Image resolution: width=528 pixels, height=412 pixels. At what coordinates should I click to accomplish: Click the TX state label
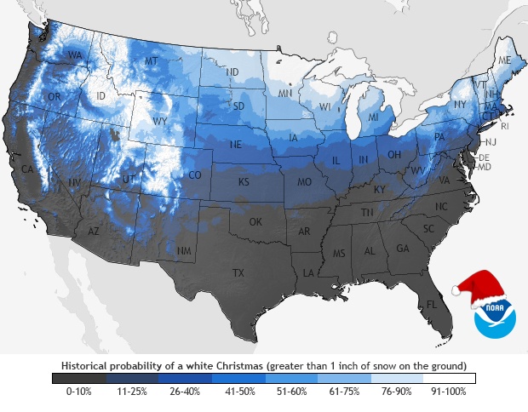coord(239,272)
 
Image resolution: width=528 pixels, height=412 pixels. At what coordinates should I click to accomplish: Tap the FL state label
coord(433,304)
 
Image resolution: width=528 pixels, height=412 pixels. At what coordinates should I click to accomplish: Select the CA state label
coord(27,169)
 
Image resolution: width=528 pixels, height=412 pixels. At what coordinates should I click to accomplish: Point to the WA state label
coord(75,56)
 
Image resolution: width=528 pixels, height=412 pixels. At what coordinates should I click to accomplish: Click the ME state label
coord(505,61)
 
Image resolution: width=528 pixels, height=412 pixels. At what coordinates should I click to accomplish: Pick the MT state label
coord(152,61)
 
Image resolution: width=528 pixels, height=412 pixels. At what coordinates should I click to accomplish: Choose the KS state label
coord(243,182)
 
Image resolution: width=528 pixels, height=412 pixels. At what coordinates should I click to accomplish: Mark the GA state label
coord(403,249)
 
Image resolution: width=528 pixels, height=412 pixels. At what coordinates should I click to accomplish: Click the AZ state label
coord(94,232)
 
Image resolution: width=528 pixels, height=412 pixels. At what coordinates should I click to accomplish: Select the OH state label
coord(395,154)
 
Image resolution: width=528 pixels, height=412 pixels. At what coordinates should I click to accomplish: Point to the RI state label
coord(504,126)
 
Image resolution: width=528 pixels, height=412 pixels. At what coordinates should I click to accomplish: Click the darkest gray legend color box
coord(78,377)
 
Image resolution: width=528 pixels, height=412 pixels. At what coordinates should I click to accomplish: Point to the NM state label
coord(183,250)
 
